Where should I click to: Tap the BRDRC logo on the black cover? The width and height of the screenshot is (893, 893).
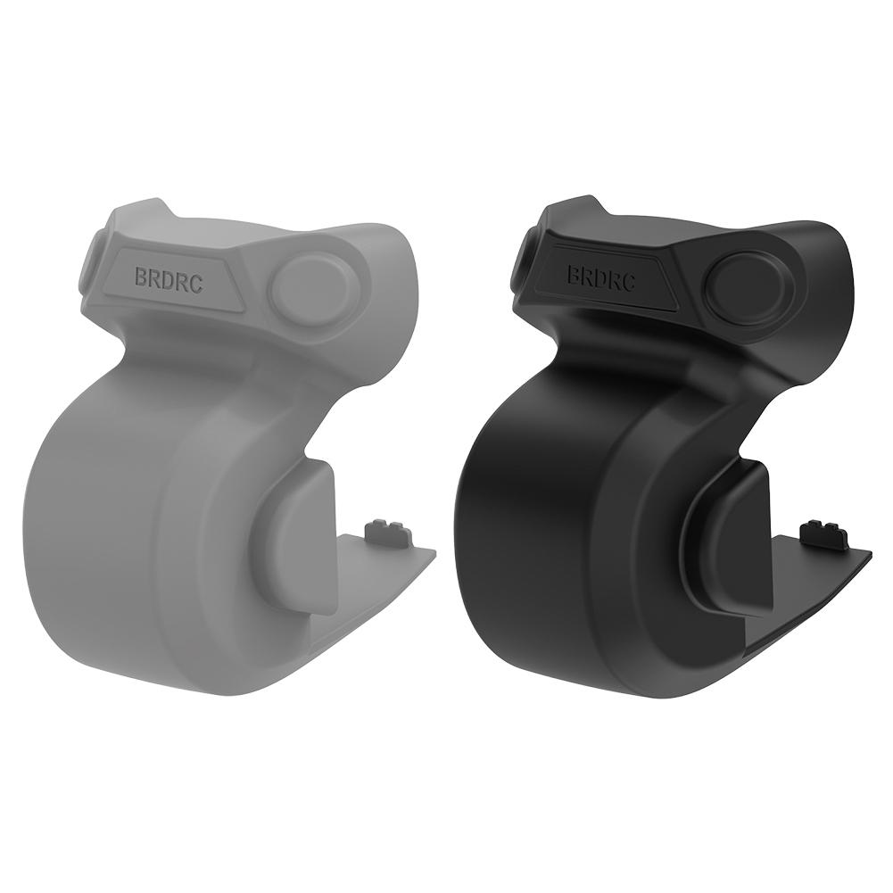(x=600, y=277)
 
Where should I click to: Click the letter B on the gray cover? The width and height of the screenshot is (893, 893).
(x=141, y=277)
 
